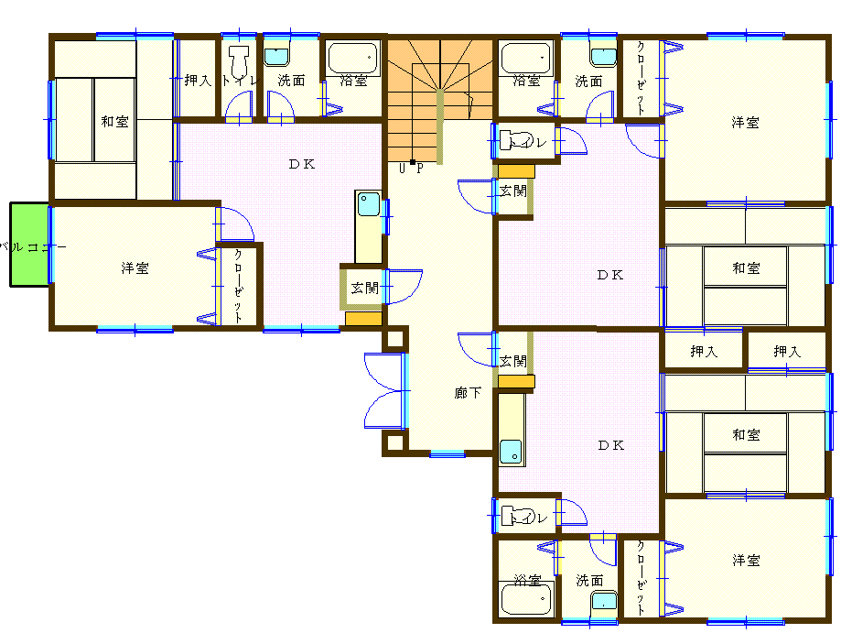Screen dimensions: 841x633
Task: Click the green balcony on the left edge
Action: [30, 245]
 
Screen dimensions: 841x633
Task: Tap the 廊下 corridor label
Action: [468, 393]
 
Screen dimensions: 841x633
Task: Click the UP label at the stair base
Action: [412, 169]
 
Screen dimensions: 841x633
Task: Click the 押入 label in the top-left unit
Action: [198, 81]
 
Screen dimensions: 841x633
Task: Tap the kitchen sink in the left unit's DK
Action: [369, 204]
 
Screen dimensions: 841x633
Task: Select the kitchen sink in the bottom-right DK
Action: [511, 452]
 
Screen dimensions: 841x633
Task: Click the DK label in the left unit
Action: [302, 164]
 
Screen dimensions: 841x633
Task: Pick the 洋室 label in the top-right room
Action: [745, 123]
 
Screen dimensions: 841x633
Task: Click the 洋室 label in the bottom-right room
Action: [746, 561]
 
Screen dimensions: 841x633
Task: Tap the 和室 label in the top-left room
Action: [114, 122]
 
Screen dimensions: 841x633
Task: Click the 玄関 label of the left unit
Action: [365, 289]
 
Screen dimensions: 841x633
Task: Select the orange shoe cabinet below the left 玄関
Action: [363, 319]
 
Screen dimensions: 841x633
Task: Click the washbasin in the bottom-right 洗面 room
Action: [603, 600]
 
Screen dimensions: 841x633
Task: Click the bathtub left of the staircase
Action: [353, 59]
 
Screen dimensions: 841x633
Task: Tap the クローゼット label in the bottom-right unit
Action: [641, 578]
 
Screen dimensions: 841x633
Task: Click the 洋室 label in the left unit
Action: [135, 267]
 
